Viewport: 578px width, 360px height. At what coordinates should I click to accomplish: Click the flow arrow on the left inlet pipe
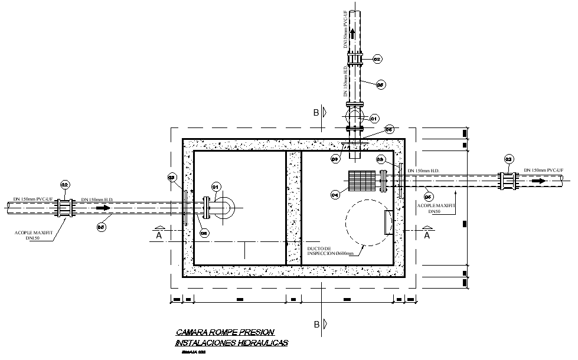[103, 208]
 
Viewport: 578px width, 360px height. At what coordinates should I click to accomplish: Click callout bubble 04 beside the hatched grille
[335, 194]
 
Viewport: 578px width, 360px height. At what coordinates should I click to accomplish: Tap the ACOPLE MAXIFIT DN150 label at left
[34, 235]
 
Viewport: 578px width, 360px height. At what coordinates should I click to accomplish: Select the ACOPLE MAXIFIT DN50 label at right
[435, 208]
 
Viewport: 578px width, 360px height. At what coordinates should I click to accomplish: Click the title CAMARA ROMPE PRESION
[225, 333]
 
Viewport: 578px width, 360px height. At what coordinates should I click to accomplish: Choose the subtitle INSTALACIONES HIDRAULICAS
[231, 343]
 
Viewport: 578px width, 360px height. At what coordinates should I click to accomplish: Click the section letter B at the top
[316, 112]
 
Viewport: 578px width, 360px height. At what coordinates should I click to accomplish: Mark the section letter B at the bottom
[316, 324]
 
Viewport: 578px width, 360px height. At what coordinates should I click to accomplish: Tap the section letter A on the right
[426, 234]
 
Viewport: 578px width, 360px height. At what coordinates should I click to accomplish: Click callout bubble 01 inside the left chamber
[216, 188]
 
